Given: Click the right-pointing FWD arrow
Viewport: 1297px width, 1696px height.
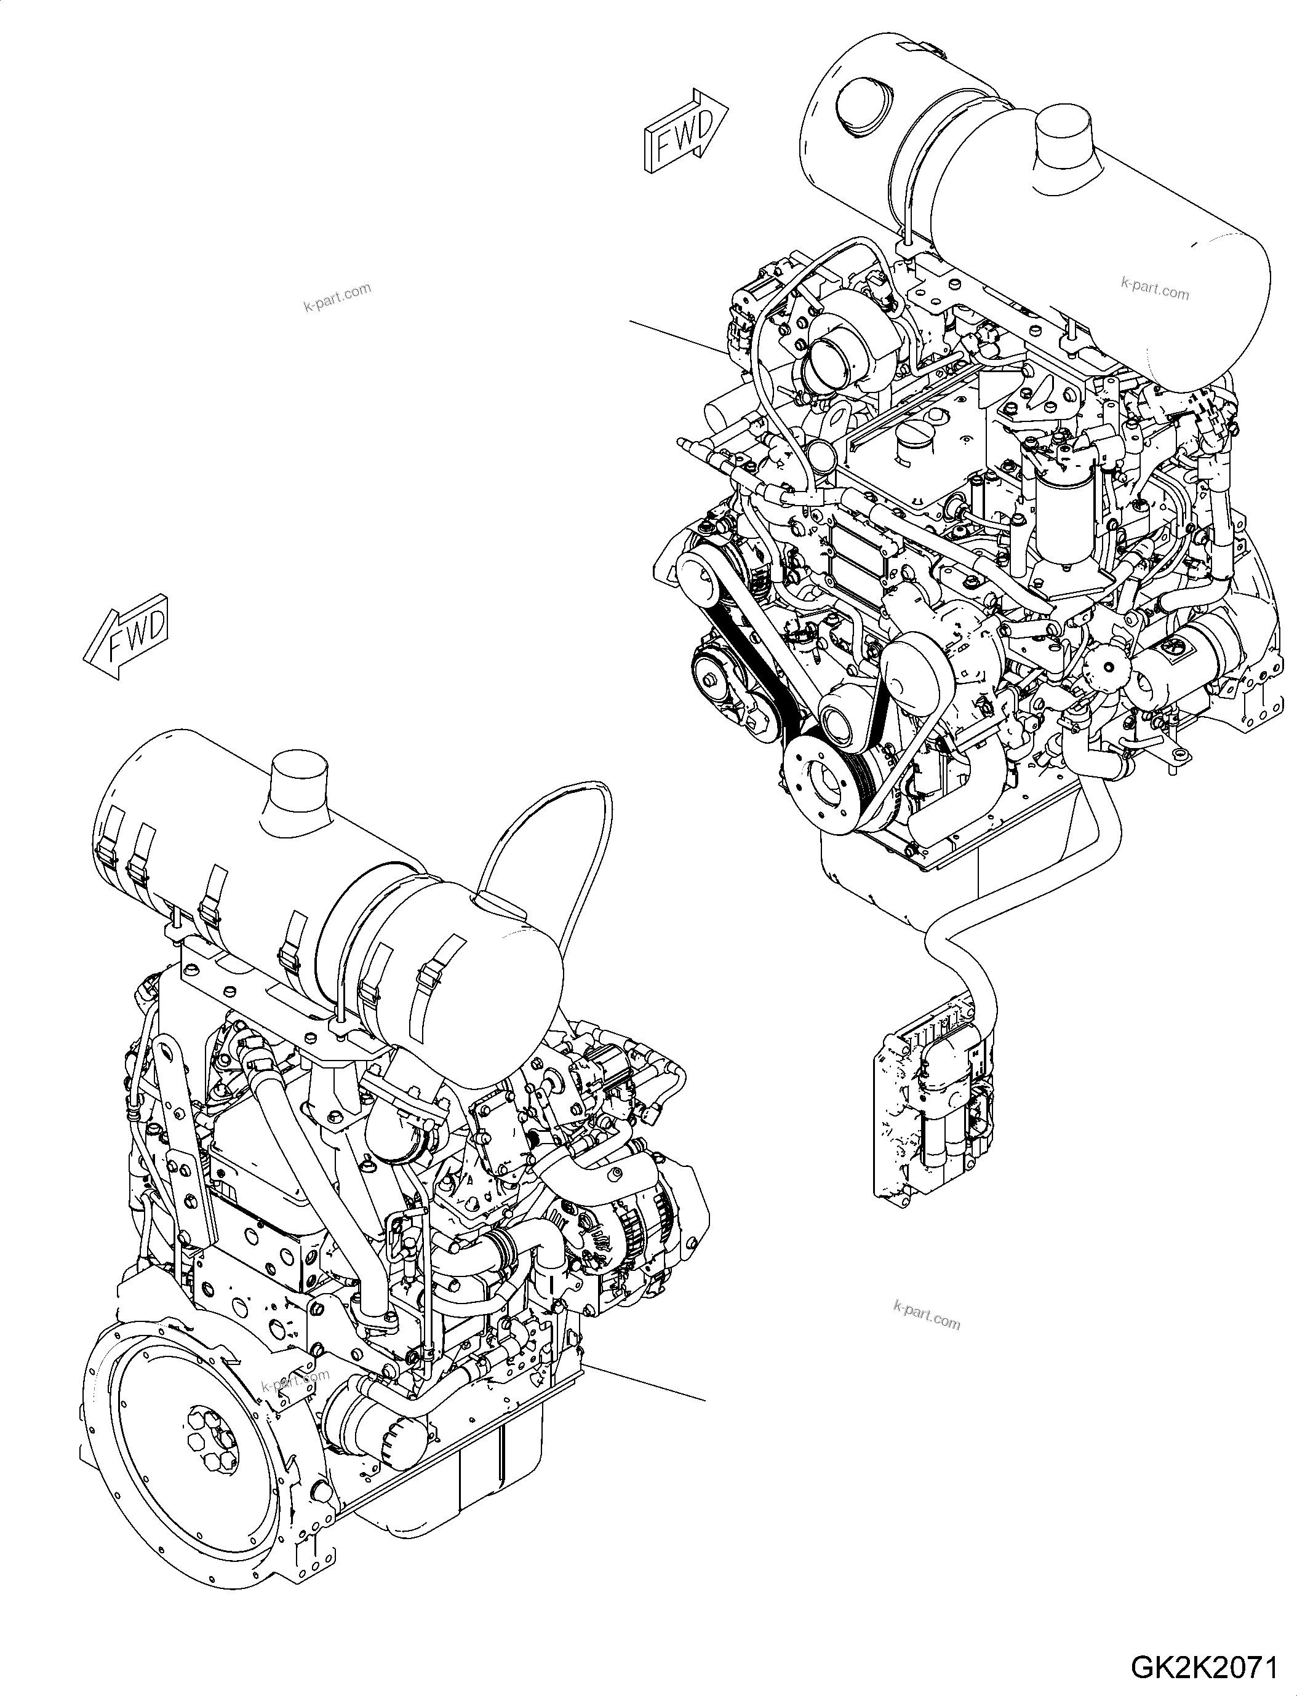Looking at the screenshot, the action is (x=685, y=131).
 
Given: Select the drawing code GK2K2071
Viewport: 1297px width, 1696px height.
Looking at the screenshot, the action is (x=1203, y=1666).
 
